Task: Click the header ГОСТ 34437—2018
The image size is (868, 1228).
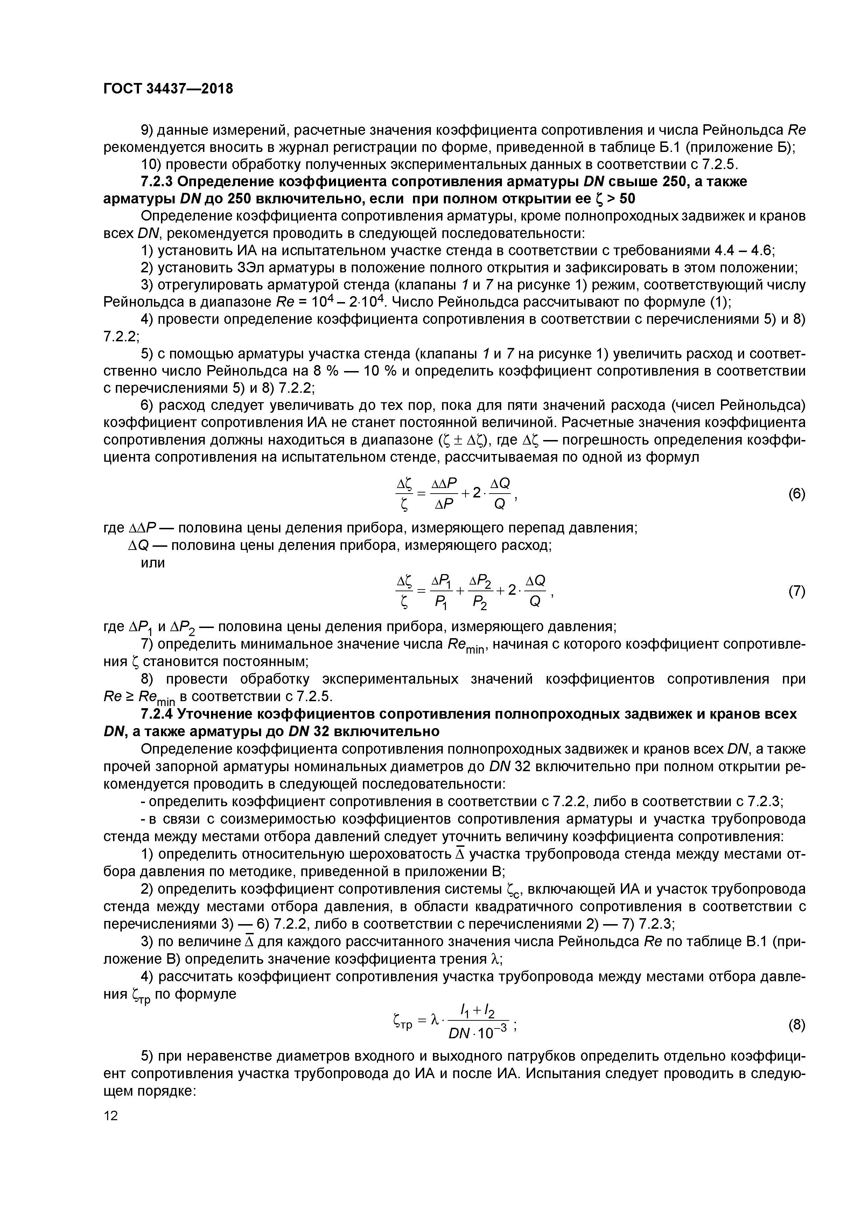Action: click(x=168, y=89)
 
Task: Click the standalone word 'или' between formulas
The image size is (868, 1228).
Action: click(x=152, y=563)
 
